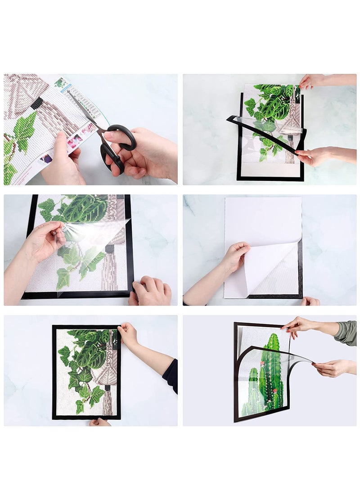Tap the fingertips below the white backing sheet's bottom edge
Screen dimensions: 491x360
(310, 301)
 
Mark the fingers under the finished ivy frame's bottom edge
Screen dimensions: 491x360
(99, 422)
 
